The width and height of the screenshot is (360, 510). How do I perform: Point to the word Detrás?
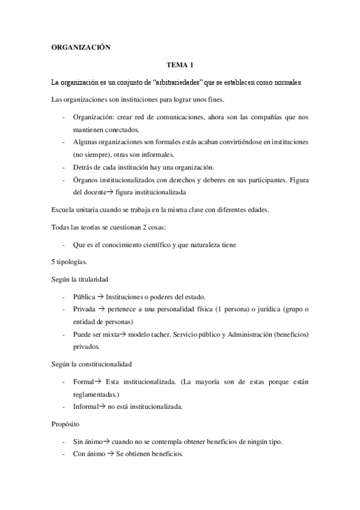click(x=85, y=167)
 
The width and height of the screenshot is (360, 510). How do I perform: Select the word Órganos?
click(x=87, y=179)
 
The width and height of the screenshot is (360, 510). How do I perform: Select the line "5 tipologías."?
click(x=70, y=262)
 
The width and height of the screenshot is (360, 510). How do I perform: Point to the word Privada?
click(x=85, y=309)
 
